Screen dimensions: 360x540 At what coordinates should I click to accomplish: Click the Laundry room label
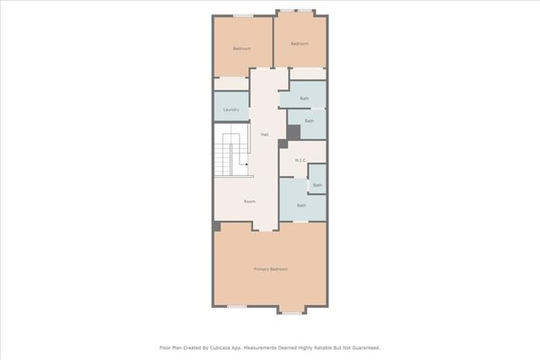pyautogui.click(x=231, y=110)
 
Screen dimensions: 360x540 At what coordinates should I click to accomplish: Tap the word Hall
pyautogui.click(x=264, y=135)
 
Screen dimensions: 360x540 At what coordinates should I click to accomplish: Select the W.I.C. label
pyautogui.click(x=300, y=159)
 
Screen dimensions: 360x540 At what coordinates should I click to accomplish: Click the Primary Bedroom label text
pyautogui.click(x=271, y=269)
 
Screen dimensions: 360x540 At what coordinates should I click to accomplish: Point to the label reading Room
pyautogui.click(x=250, y=201)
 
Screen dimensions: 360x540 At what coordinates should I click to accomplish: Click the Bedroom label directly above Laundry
pyautogui.click(x=242, y=49)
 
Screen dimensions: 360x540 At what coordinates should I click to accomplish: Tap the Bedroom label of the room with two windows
pyautogui.click(x=300, y=44)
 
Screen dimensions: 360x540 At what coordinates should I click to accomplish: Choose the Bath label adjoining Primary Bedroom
pyautogui.click(x=301, y=205)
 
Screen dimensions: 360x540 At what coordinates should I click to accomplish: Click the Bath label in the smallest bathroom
pyautogui.click(x=317, y=185)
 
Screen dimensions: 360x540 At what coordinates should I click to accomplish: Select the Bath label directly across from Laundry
pyautogui.click(x=305, y=99)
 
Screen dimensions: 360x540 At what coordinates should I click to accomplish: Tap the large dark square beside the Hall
pyautogui.click(x=294, y=132)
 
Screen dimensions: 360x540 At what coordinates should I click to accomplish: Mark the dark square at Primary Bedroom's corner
pyautogui.click(x=217, y=227)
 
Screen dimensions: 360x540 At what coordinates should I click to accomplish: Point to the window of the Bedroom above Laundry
pyautogui.click(x=242, y=15)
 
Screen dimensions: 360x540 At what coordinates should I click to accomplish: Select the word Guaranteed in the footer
pyautogui.click(x=361, y=347)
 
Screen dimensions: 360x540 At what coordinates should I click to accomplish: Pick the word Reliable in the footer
pyautogui.click(x=319, y=347)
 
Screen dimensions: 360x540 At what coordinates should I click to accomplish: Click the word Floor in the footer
pyautogui.click(x=165, y=347)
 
